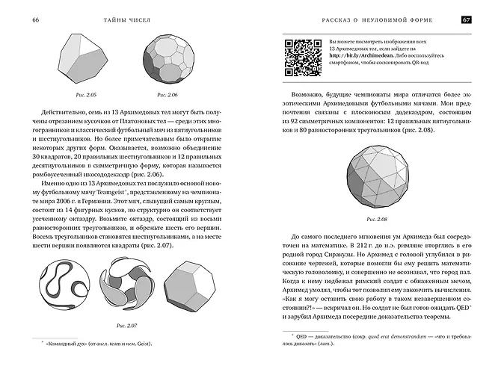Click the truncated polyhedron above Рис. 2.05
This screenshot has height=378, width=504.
click(x=89, y=60)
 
